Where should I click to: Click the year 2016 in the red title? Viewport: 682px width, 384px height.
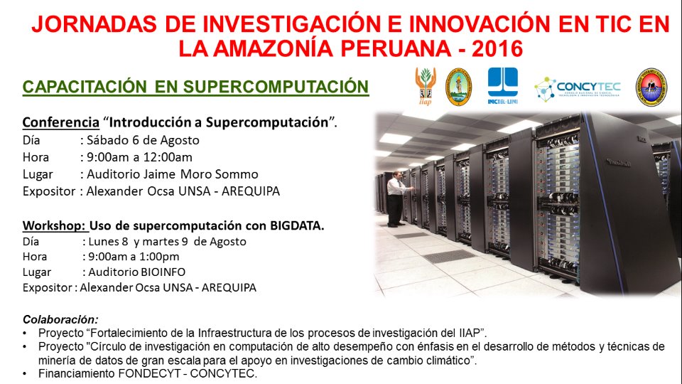pos(497,48)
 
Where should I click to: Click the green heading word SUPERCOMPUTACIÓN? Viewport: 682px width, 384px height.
pos(276,86)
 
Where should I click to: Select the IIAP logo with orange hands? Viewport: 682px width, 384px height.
pos(426,86)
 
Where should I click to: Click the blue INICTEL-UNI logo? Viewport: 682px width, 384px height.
pos(503,86)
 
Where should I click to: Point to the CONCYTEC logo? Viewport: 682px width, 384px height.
pos(578,89)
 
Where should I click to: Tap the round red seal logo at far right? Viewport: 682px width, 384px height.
pos(651,87)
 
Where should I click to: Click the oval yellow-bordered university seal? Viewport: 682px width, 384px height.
pos(458,87)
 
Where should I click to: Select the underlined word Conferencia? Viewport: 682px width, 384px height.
pos(61,122)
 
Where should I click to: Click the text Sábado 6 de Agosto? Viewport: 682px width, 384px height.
pos(143,140)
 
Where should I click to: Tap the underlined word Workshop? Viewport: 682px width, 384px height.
pos(55,225)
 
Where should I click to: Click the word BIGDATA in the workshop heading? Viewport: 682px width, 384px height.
pos(297,225)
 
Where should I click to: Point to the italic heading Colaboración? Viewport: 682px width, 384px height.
pos(60,319)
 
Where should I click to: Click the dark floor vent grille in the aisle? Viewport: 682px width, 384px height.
pos(450,257)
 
